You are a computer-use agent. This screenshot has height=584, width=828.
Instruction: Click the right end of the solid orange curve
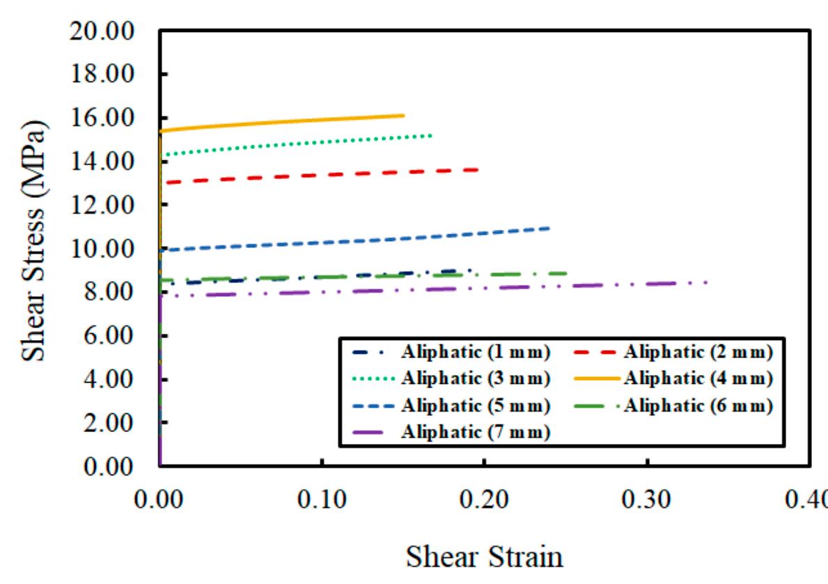404,116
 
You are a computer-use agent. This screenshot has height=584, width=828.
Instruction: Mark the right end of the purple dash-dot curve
708,282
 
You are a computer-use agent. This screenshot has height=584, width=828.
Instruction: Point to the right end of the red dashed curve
479,169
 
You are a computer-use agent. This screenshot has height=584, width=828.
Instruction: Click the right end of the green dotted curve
432,135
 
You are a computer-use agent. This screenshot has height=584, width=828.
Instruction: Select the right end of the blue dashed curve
550,228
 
